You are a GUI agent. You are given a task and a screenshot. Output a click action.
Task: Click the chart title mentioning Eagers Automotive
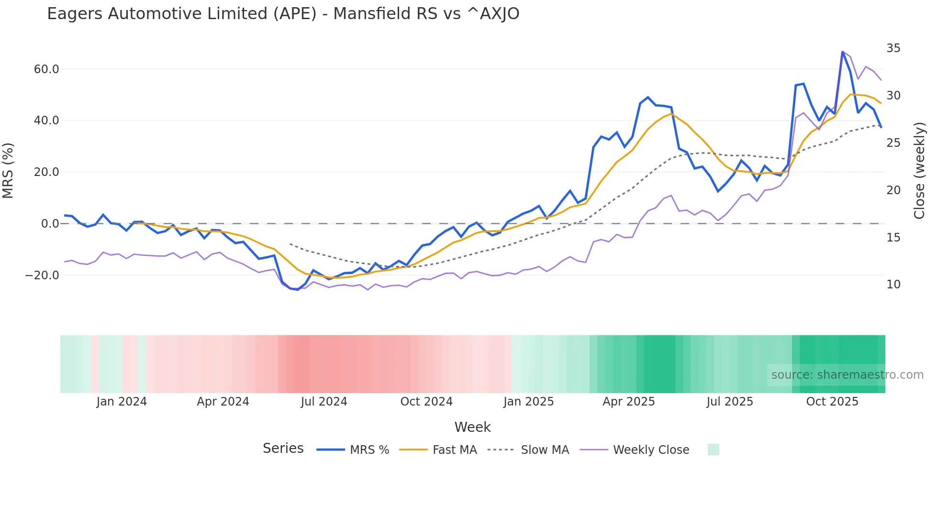[283, 14]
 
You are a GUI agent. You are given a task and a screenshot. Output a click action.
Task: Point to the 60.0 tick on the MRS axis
[46, 69]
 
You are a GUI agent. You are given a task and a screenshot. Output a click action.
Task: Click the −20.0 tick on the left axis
[42, 275]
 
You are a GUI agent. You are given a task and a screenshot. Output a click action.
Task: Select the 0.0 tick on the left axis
[50, 224]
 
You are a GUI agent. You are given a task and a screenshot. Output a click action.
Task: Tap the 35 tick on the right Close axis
[893, 48]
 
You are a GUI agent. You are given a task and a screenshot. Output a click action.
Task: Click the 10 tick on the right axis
[893, 285]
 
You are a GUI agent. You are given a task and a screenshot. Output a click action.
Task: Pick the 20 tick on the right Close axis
[893, 190]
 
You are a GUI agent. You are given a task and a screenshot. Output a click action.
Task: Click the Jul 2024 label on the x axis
[324, 402]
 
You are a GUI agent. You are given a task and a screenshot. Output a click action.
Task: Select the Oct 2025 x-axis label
[832, 402]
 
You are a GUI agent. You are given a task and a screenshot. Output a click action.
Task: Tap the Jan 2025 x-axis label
[528, 402]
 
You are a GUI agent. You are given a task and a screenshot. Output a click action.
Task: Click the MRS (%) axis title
[8, 170]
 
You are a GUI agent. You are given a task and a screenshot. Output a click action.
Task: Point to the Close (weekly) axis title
[919, 170]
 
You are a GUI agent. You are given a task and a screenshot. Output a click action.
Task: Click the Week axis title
[472, 427]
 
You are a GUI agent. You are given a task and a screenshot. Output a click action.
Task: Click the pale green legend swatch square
[713, 450]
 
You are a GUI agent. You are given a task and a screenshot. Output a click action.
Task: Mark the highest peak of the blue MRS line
[842, 52]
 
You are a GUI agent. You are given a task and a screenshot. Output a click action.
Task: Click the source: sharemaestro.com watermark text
[847, 375]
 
